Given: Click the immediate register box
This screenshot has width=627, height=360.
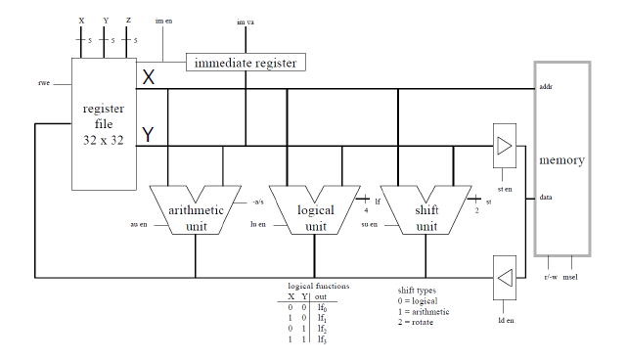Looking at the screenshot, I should click(245, 63).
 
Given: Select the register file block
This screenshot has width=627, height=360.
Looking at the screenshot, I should click(102, 123).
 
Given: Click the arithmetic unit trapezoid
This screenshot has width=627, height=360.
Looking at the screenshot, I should click(195, 210).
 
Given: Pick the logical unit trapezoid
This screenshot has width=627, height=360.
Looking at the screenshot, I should click(315, 210).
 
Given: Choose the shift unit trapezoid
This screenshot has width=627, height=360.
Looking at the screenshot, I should click(426, 210).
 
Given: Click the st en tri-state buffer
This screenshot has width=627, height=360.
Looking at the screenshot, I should click(504, 146).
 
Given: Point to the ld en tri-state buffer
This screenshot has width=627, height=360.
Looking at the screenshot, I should click(504, 278).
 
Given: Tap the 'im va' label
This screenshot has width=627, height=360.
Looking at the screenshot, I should click(246, 21).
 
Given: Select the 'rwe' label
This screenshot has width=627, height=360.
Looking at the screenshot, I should click(43, 83).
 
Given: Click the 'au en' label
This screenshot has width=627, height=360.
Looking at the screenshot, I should click(139, 224).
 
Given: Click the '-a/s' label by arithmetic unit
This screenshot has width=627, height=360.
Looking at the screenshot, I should click(258, 202).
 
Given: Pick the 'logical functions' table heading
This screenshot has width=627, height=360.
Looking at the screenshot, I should click(312, 285).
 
